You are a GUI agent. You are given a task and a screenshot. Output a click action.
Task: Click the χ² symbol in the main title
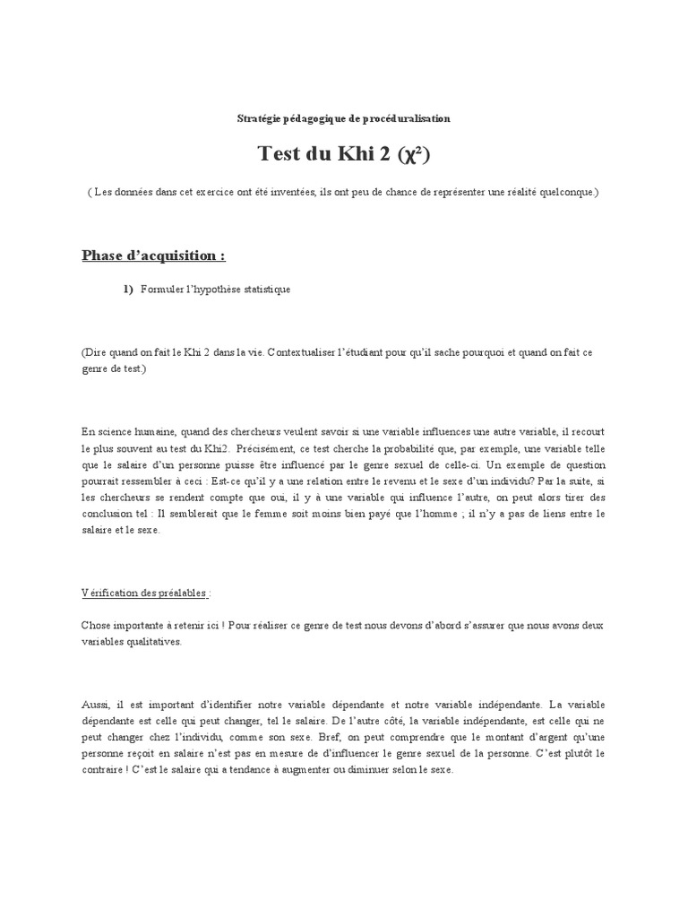point(413,155)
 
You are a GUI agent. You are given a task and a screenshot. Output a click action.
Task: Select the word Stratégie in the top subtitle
point(257,117)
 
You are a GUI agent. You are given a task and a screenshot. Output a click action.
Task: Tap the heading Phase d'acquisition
point(153,255)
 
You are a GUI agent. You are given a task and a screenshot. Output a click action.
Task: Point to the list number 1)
point(128,289)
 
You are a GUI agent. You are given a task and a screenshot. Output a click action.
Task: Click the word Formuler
point(162,289)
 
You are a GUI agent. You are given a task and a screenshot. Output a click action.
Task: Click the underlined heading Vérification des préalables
point(145,593)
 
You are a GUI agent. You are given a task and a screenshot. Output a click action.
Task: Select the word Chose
point(98,625)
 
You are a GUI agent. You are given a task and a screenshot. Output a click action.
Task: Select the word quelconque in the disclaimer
point(564,192)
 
